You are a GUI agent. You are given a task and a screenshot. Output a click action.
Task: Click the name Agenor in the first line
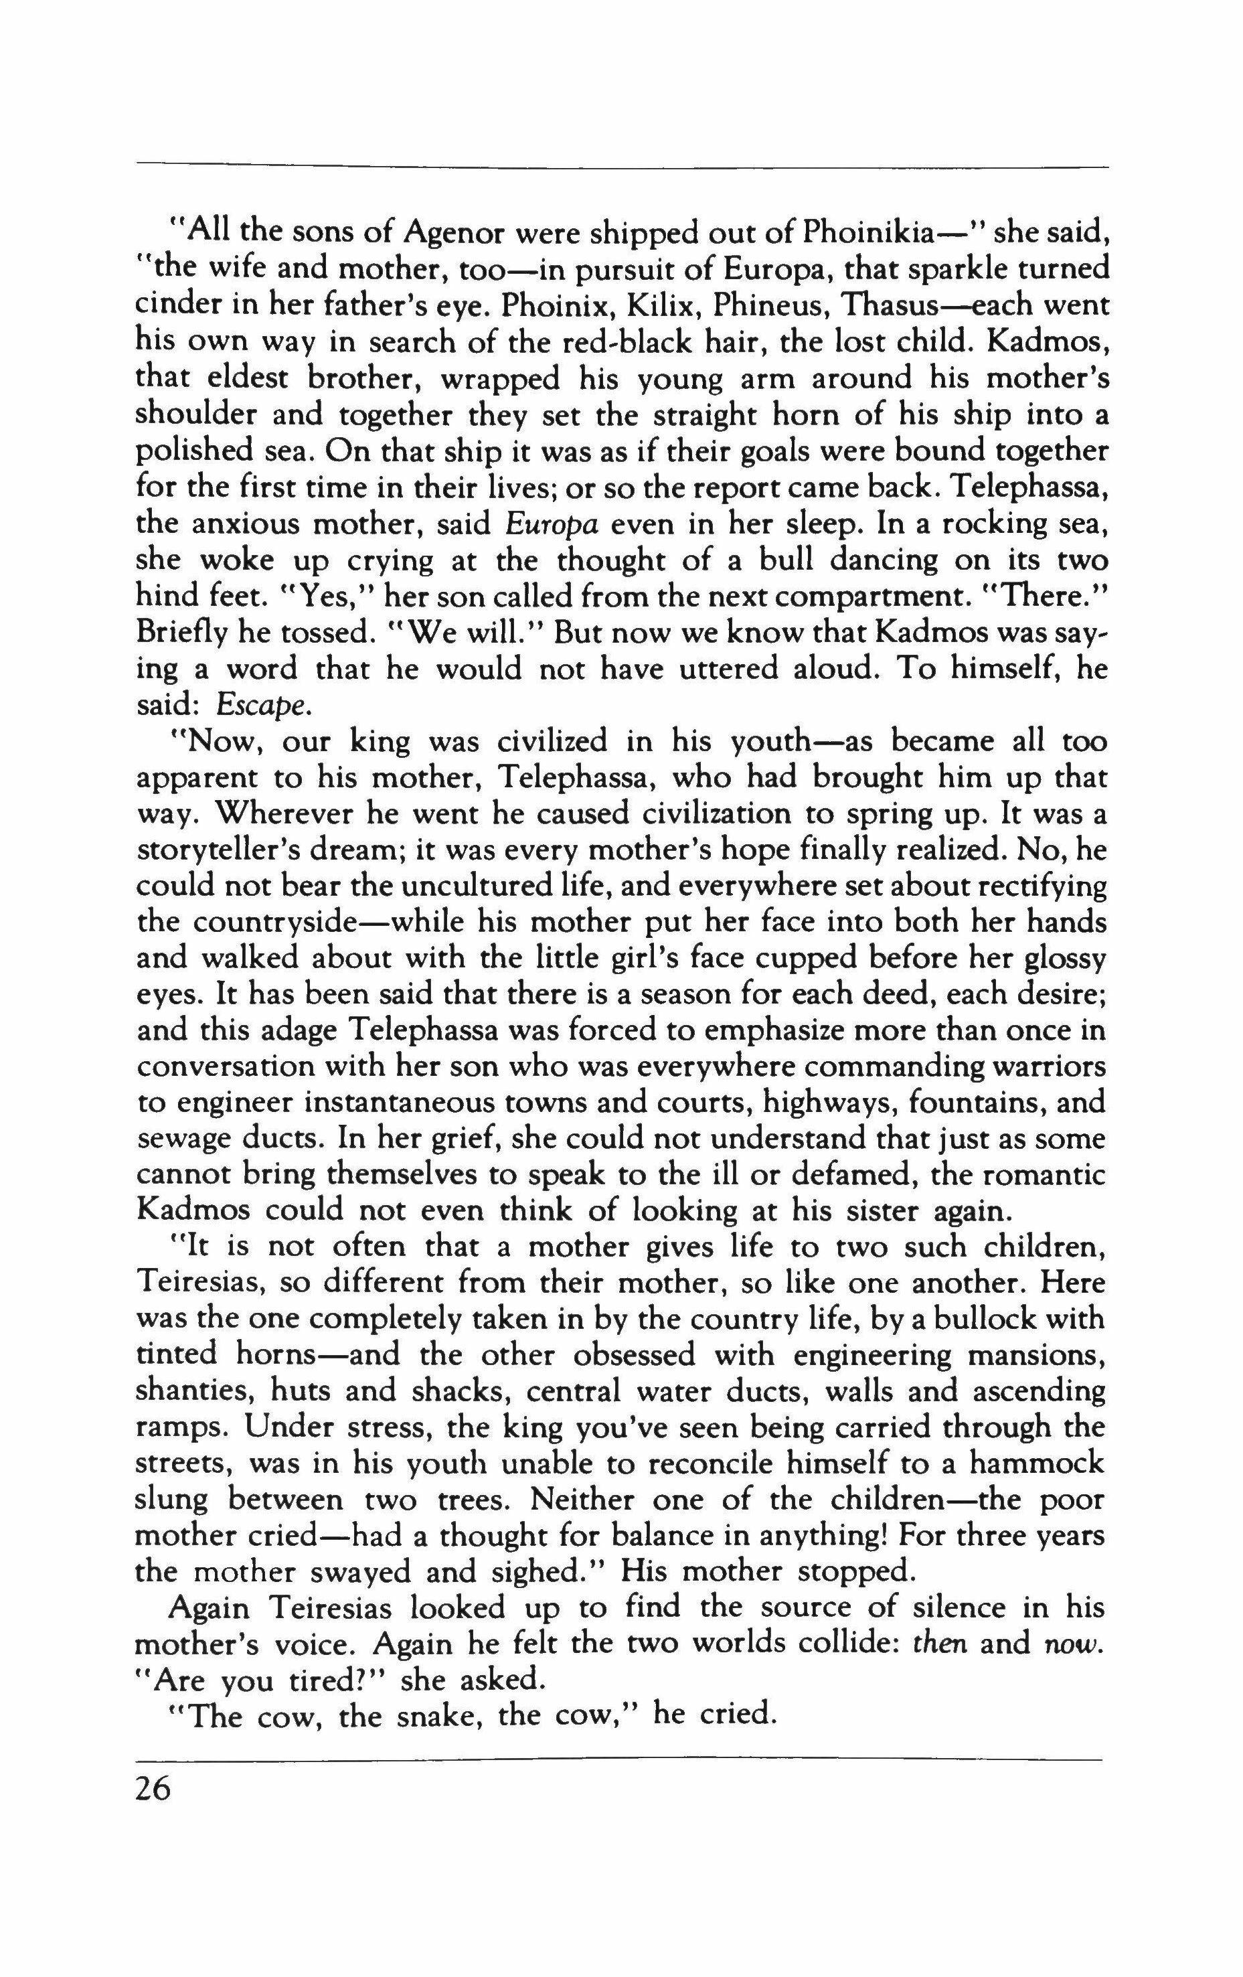[x=455, y=232]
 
